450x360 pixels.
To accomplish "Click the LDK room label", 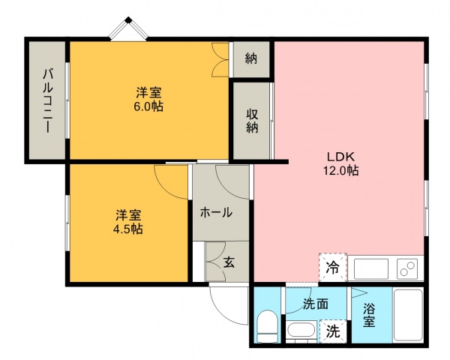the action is [x=341, y=157].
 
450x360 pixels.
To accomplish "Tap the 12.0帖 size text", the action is [x=341, y=170].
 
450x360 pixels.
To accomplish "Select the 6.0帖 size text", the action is [x=148, y=106].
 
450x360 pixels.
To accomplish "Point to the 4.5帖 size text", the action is [x=128, y=229].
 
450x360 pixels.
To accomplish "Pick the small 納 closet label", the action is [x=250, y=58].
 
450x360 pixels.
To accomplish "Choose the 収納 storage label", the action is [x=252, y=121].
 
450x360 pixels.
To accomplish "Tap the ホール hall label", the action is [x=216, y=213].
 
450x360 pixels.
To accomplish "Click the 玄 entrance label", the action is [x=229, y=262].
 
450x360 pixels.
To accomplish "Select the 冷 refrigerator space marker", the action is [x=332, y=268].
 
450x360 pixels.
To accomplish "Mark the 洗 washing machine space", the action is [x=333, y=331].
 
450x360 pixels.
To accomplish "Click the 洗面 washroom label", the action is [x=316, y=304].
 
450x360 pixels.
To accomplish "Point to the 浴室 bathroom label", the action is [x=369, y=315].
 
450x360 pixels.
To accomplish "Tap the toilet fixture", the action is [x=267, y=326].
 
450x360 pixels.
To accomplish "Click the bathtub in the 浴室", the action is [x=408, y=315].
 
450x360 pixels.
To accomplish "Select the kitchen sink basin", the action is [x=371, y=269].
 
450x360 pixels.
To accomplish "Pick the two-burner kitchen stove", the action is [x=407, y=268].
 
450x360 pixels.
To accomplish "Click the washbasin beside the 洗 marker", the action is [x=301, y=331].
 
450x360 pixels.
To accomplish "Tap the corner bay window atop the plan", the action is [x=128, y=28].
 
